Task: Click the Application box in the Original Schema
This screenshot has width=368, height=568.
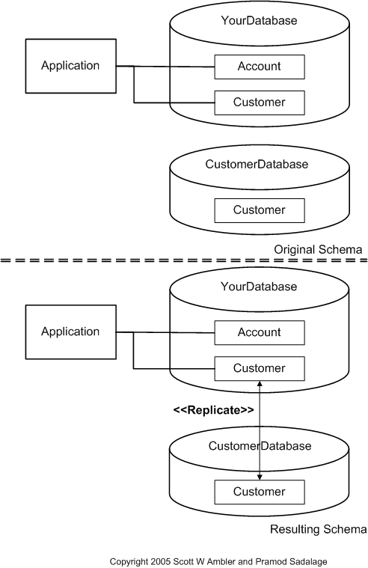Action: click(x=70, y=66)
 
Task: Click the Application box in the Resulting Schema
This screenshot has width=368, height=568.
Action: click(x=70, y=332)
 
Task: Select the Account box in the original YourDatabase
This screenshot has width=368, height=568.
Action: click(x=260, y=67)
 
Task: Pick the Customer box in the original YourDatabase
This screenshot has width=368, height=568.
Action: click(x=260, y=102)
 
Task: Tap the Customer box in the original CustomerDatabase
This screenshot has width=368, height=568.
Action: click(x=260, y=210)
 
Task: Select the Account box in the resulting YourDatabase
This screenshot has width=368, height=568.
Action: click(x=260, y=332)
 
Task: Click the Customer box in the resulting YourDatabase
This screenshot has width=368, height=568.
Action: click(x=260, y=368)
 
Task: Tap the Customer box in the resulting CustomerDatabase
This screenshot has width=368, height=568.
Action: click(x=260, y=492)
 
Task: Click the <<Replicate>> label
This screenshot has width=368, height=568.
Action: click(x=213, y=410)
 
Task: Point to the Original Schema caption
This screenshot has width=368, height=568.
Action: click(x=318, y=249)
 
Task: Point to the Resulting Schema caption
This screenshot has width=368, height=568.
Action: click(x=317, y=530)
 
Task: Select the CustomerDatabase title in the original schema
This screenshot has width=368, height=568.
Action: click(x=257, y=164)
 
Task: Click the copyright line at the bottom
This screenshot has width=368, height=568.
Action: click(x=218, y=561)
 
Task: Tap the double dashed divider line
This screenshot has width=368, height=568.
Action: click(x=183, y=260)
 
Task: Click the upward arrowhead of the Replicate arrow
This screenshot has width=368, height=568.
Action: click(x=260, y=383)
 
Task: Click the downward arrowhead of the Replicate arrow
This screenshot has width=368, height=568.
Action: click(x=260, y=477)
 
